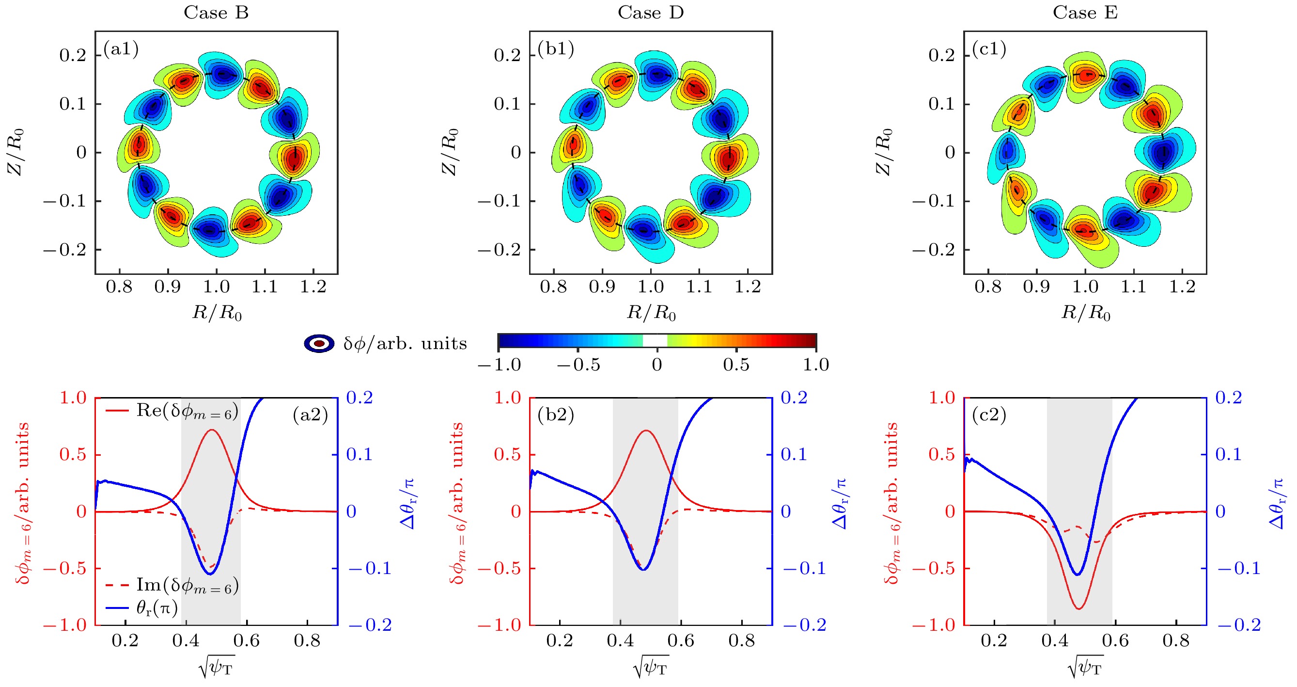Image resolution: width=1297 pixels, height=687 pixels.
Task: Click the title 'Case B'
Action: (216, 13)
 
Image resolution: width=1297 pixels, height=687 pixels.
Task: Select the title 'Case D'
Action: (651, 13)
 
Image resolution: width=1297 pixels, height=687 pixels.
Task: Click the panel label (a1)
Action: (121, 49)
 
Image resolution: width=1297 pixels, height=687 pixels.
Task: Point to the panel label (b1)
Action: (556, 49)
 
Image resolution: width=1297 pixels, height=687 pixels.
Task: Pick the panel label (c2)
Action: (989, 415)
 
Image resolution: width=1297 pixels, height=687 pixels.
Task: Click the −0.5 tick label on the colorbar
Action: (578, 365)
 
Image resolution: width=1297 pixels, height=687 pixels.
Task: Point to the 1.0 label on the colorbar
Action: (816, 365)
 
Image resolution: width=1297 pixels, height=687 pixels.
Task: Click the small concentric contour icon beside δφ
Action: (319, 343)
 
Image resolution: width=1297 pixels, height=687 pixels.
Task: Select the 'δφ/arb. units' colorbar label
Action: (405, 343)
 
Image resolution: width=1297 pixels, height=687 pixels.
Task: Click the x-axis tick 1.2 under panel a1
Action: (313, 287)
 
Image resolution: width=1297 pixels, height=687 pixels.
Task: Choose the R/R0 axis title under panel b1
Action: (651, 313)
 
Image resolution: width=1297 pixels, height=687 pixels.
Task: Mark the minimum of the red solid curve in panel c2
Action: (1078, 609)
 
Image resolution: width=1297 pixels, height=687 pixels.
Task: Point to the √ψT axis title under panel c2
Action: (1086, 668)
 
